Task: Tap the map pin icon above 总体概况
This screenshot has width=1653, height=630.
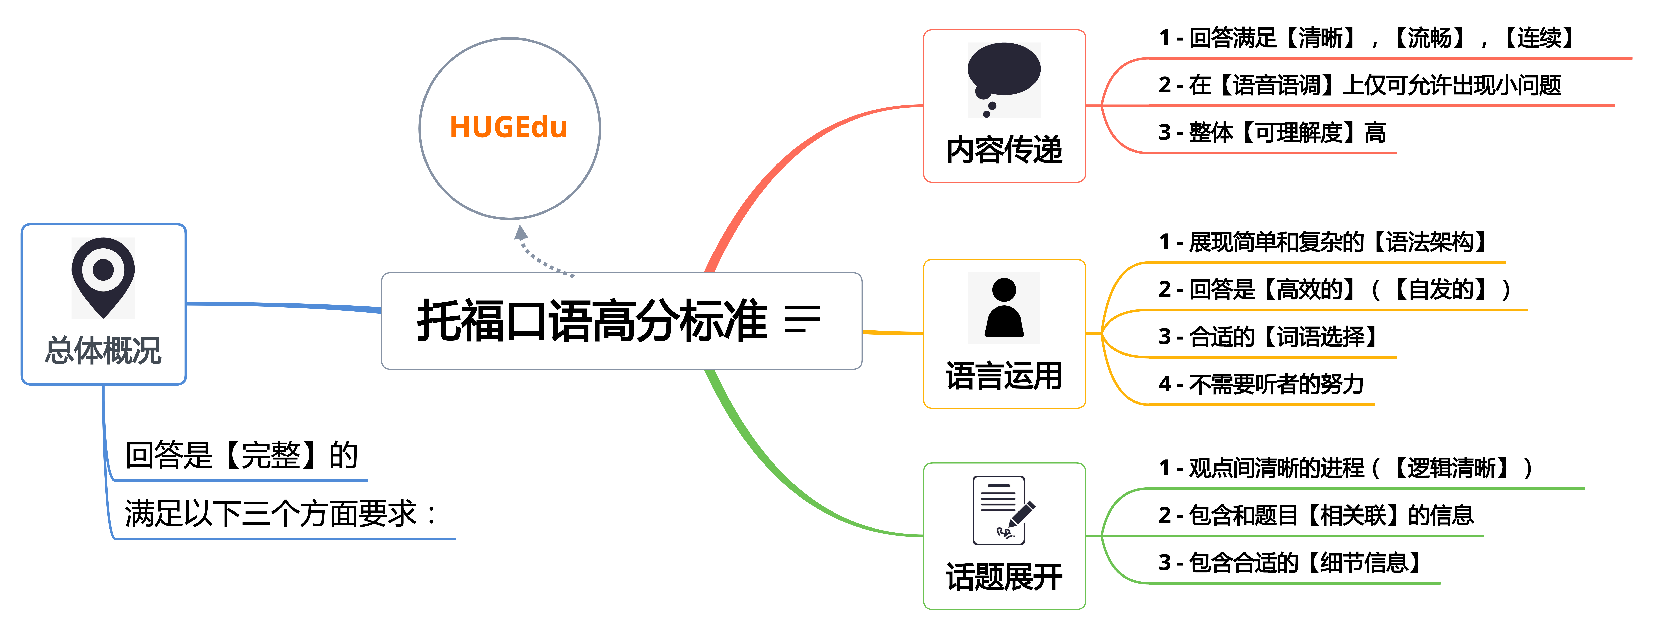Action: (x=103, y=277)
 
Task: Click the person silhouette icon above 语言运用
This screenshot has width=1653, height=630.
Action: (x=1004, y=308)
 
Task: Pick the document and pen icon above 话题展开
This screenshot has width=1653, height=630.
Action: (x=1004, y=510)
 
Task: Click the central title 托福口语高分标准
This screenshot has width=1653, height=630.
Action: (x=592, y=321)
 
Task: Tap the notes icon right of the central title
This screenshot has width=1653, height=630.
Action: (x=802, y=319)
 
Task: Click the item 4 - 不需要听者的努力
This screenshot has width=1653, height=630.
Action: (x=1262, y=384)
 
